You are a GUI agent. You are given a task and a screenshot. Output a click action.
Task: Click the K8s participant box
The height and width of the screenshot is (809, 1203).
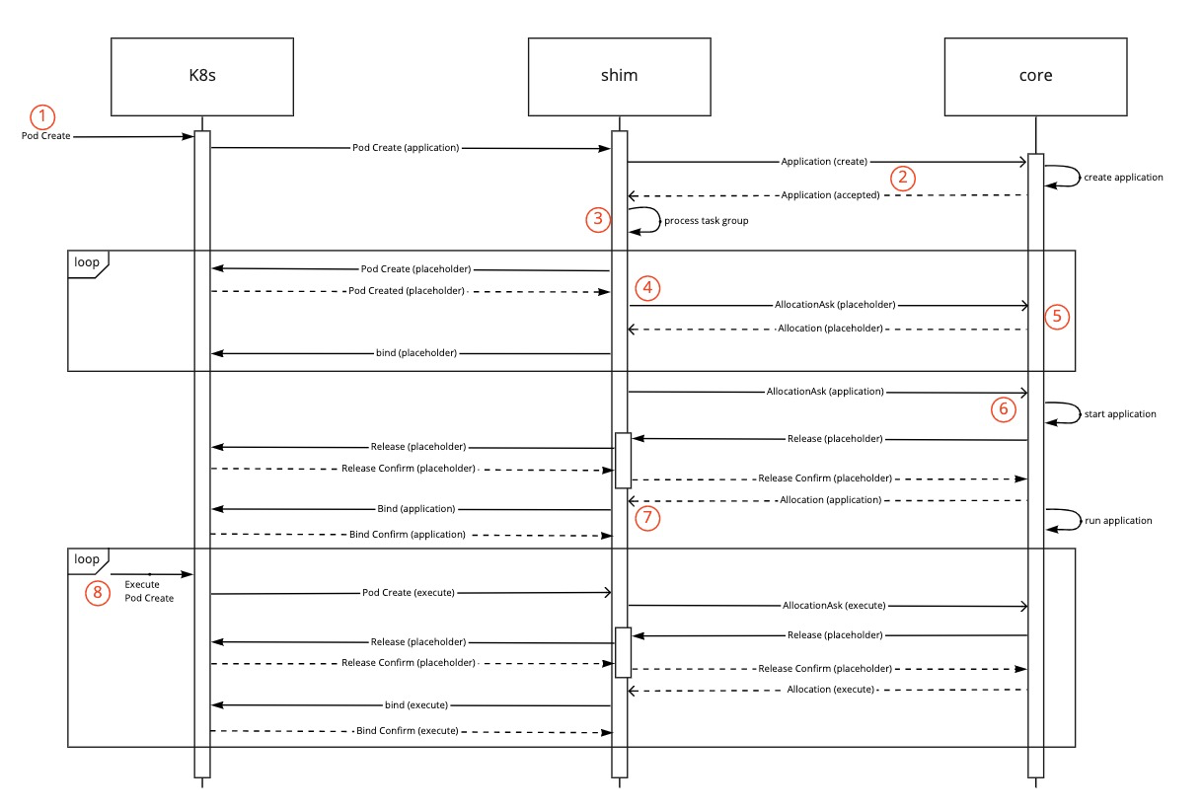[x=202, y=77]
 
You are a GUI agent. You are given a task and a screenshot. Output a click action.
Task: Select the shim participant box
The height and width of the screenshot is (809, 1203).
[x=619, y=77]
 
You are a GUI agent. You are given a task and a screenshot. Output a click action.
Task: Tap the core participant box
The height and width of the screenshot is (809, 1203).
[x=1035, y=77]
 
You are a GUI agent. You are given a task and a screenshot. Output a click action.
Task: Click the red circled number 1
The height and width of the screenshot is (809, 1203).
[x=41, y=115]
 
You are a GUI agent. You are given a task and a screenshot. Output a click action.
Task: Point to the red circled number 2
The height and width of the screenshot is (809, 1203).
[x=902, y=179]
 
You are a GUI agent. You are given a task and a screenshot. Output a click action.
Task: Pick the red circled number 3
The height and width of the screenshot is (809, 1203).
[x=598, y=220]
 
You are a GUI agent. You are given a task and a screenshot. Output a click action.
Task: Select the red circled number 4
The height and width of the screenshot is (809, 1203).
[x=647, y=288]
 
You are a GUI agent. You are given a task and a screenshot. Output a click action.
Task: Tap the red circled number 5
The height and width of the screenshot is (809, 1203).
[x=1057, y=316]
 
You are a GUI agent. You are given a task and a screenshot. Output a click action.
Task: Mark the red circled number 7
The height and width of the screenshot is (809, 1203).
[x=647, y=517]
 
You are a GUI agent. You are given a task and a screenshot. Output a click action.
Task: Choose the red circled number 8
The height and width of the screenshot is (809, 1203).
[x=97, y=592]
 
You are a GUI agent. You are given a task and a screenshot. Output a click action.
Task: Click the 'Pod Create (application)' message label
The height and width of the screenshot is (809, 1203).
[x=406, y=148]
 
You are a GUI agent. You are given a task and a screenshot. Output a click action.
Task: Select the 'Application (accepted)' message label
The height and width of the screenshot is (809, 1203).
[x=829, y=195]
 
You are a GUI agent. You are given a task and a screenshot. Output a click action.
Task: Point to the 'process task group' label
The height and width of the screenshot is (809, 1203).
[x=707, y=221]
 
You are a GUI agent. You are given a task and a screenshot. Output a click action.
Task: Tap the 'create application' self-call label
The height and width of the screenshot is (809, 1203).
[x=1123, y=178]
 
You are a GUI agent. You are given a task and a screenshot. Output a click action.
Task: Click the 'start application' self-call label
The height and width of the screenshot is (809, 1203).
[x=1119, y=414]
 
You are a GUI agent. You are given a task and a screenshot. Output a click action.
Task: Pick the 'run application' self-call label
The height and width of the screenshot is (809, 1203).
[x=1118, y=520]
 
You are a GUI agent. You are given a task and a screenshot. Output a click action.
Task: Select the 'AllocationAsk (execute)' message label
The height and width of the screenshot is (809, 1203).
[x=833, y=605]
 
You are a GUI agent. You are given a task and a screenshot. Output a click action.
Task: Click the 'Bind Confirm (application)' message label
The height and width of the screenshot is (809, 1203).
[x=407, y=535]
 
